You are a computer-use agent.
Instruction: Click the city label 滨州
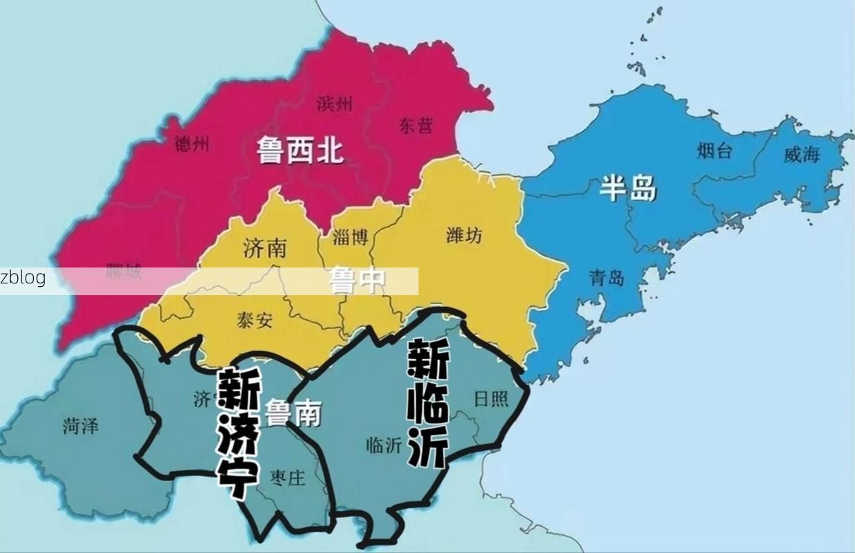(335, 104)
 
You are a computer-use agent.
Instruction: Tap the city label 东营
(416, 125)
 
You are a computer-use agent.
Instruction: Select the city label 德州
(192, 144)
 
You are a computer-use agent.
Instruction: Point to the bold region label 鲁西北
(300, 150)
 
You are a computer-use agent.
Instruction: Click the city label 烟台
(715, 151)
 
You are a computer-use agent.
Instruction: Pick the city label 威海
(802, 154)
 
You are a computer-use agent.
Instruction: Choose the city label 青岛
(607, 278)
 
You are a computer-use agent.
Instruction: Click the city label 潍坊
(464, 236)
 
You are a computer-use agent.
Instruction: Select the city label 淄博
(349, 237)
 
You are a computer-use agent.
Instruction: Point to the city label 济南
(265, 248)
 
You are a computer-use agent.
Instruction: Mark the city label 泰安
(255, 321)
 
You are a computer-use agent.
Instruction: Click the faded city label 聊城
(125, 272)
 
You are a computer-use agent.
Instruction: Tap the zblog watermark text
(23, 278)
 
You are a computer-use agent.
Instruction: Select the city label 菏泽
(80, 426)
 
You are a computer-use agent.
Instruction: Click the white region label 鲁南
(293, 413)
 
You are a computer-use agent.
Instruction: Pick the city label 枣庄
(287, 478)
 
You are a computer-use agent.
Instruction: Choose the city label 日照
(491, 399)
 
